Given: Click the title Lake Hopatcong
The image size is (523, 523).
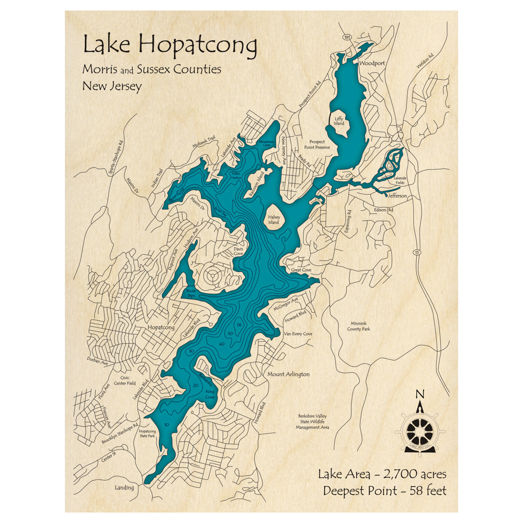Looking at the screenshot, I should [170, 46].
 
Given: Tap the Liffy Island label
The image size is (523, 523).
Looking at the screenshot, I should [339, 121].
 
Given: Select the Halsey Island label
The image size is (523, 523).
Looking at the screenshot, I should [274, 220].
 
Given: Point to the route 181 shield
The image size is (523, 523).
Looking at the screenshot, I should [347, 38].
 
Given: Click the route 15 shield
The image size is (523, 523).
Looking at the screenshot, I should [416, 253].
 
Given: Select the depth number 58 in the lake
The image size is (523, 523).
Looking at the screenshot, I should [238, 325].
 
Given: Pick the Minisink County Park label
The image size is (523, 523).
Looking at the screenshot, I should [358, 326].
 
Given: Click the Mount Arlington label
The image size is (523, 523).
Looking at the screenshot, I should [289, 374].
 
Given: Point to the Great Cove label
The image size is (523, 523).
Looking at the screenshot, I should [301, 270].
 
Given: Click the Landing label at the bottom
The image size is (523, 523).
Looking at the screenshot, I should [124, 487].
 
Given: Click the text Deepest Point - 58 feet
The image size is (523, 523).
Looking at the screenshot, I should [384, 491].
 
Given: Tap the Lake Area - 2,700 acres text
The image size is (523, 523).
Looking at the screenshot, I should [382, 474].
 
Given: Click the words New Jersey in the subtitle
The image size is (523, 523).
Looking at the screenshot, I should [112, 86].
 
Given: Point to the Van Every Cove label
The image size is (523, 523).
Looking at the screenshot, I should [298, 334].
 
